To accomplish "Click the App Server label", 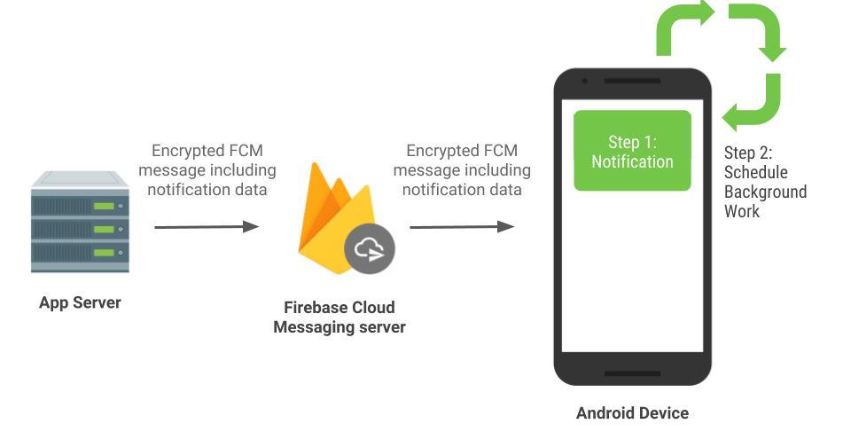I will click(x=80, y=303).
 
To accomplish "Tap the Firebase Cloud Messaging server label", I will click(x=340, y=318).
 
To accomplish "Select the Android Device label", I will click(x=632, y=413).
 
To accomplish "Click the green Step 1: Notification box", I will click(x=632, y=151).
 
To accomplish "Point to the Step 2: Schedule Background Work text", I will click(x=765, y=182).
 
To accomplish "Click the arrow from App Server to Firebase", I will click(x=206, y=227).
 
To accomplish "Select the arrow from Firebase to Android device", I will click(x=461, y=227).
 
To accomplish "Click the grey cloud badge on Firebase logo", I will click(x=370, y=250).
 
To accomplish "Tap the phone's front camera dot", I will click(x=585, y=82).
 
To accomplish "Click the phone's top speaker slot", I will click(x=632, y=82).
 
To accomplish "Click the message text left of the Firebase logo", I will click(x=212, y=170).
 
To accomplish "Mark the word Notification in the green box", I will click(x=632, y=162).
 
